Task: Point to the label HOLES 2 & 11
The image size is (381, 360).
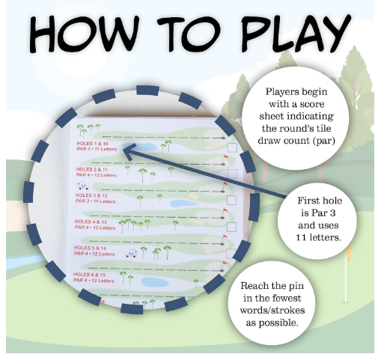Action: point(91,169)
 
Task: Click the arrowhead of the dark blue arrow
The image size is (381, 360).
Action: point(123,149)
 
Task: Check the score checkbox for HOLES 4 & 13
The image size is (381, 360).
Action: point(232,225)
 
